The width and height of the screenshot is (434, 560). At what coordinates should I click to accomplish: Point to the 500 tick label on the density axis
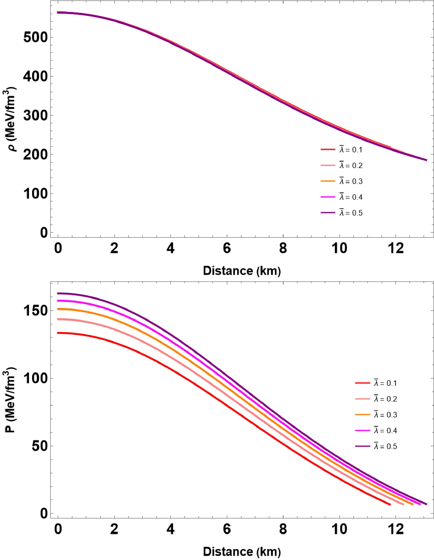tap(35, 38)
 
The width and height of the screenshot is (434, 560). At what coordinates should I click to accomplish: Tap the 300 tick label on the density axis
tap(35, 116)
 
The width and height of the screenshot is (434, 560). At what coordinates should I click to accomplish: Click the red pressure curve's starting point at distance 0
tap(58, 333)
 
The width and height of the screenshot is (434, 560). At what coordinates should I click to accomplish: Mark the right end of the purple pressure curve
tap(426, 504)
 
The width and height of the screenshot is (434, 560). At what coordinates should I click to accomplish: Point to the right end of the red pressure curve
tap(390, 504)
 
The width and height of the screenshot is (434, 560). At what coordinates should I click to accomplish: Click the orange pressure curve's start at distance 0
tap(58, 309)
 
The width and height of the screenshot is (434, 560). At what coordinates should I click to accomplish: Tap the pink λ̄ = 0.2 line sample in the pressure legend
tap(362, 399)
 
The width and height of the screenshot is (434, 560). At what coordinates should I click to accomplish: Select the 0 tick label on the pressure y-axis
tap(44, 514)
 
